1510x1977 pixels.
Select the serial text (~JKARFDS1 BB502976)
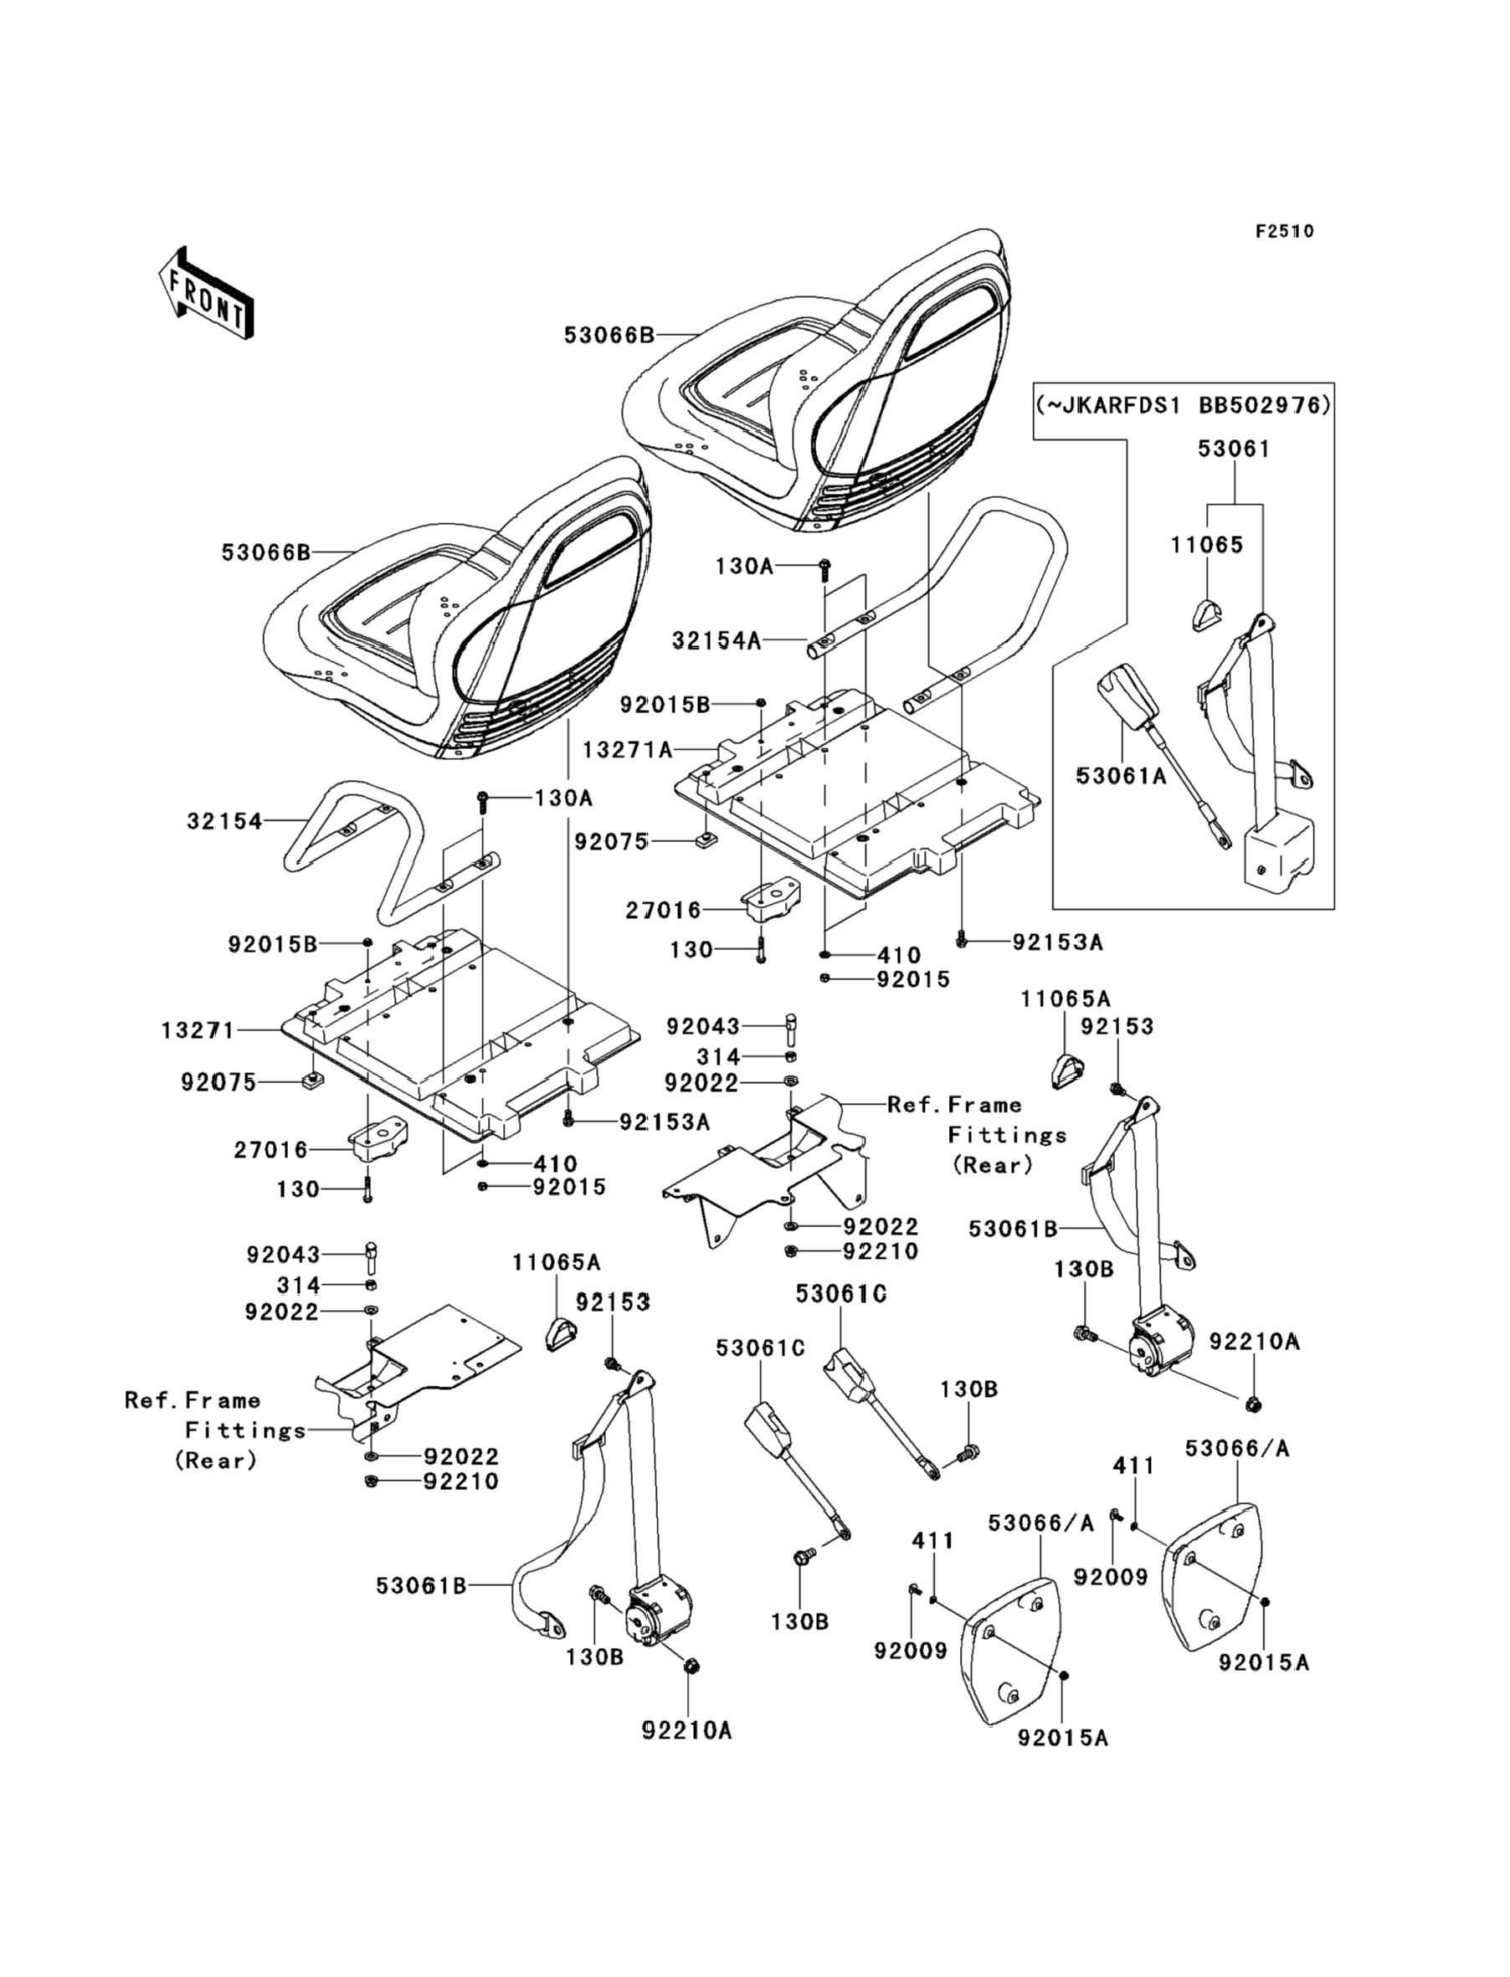(1183, 404)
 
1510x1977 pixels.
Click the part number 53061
(1234, 449)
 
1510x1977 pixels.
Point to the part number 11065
(1207, 545)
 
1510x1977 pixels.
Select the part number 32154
(224, 820)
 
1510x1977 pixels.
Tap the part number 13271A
(628, 748)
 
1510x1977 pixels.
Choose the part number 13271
(198, 1030)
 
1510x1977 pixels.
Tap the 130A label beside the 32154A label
(743, 566)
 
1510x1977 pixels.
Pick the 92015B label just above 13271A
(665, 705)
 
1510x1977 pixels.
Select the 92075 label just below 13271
(218, 1083)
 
